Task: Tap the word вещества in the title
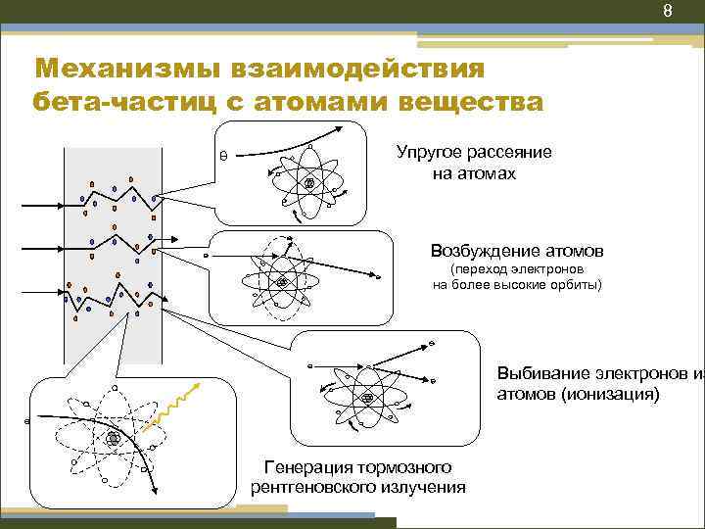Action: click(x=471, y=101)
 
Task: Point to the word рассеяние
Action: click(x=513, y=153)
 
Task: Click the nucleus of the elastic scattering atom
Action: click(x=309, y=184)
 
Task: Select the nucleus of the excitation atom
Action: click(x=283, y=282)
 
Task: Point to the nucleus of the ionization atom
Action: click(x=367, y=397)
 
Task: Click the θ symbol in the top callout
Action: click(x=223, y=155)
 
